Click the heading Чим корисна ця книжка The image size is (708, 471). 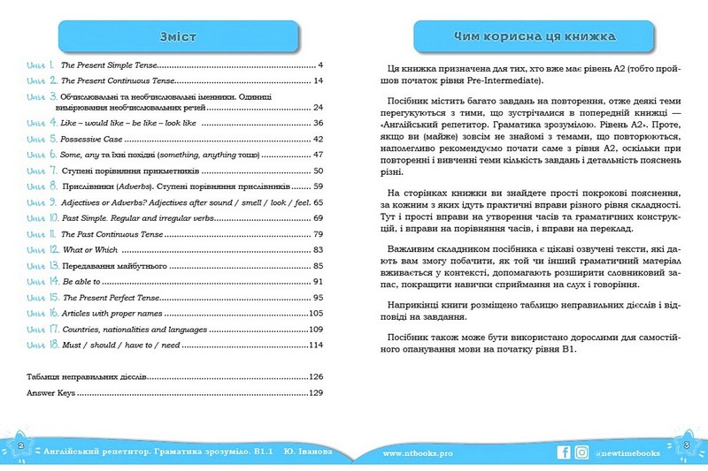click(529, 36)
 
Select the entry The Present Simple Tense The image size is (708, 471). click(111, 66)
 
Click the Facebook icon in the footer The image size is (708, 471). click(564, 452)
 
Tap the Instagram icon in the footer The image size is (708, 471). click(581, 452)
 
